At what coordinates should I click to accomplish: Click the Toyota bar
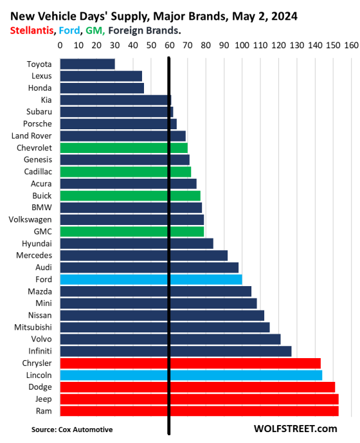point(87,64)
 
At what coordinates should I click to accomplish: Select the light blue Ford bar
point(151,279)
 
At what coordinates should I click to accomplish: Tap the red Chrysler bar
point(190,363)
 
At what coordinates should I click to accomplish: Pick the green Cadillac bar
point(125,172)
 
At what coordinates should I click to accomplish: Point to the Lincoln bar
point(191,375)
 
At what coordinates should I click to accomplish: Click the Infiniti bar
point(175,351)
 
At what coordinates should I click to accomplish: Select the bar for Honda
point(102,88)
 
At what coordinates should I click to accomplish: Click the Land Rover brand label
point(32,136)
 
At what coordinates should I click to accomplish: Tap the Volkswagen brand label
point(30,219)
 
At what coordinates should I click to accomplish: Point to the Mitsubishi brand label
point(33,327)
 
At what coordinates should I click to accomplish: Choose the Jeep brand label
point(44,399)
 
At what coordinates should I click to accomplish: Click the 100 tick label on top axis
point(242,45)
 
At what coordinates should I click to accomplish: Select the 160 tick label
point(351,45)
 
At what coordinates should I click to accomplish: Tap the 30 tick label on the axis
point(114,45)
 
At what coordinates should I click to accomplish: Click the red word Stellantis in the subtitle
point(32,30)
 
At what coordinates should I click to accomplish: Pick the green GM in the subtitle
point(95,30)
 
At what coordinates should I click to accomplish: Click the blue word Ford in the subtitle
point(69,30)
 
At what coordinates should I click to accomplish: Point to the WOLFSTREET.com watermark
point(295,429)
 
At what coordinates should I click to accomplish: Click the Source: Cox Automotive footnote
point(72,429)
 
